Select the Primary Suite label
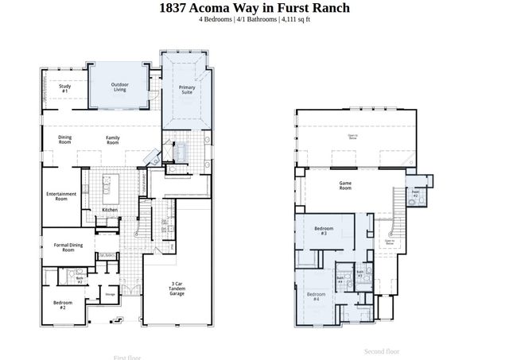[x=187, y=90]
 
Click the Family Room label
[x=113, y=141]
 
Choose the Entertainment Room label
[x=61, y=196]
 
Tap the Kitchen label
[x=110, y=210]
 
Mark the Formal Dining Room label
[x=68, y=247]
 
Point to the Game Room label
[x=345, y=186]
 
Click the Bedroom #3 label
[x=324, y=231]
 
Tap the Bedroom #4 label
[x=314, y=296]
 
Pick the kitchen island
[x=108, y=189]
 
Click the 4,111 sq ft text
[x=294, y=20]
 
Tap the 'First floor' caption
[x=127, y=358]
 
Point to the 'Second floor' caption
[x=382, y=351]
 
